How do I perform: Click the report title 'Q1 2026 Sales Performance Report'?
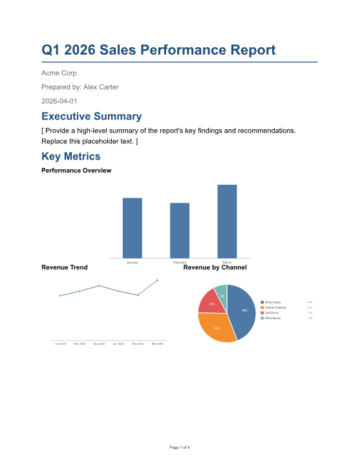click(158, 50)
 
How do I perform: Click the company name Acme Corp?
click(59, 73)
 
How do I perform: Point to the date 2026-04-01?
click(59, 101)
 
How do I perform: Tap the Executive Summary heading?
click(91, 117)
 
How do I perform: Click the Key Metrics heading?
click(70, 156)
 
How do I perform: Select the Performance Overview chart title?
click(76, 170)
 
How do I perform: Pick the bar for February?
click(180, 231)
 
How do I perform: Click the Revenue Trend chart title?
click(64, 267)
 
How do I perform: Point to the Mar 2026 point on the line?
click(157, 280)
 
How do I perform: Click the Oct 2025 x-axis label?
click(60, 344)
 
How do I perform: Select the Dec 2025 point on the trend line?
click(99, 285)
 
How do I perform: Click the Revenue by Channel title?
click(215, 267)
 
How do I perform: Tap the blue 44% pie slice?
click(242, 310)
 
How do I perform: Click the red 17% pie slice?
click(210, 301)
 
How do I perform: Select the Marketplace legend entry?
click(274, 318)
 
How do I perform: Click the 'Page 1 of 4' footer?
click(180, 447)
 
